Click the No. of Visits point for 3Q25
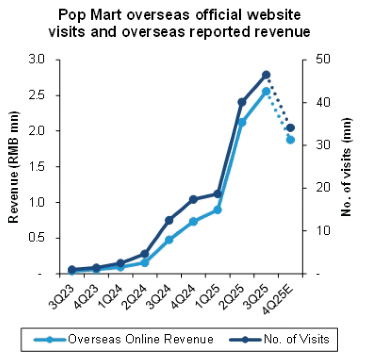266,75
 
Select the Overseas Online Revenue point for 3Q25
266,91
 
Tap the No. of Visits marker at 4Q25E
290,128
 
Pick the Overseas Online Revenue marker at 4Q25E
290,140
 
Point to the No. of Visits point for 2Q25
242,102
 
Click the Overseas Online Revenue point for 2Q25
242,122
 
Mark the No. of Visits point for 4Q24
193,199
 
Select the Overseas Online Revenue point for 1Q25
218,210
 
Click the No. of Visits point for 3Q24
169,220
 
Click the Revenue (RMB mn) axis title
14,167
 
